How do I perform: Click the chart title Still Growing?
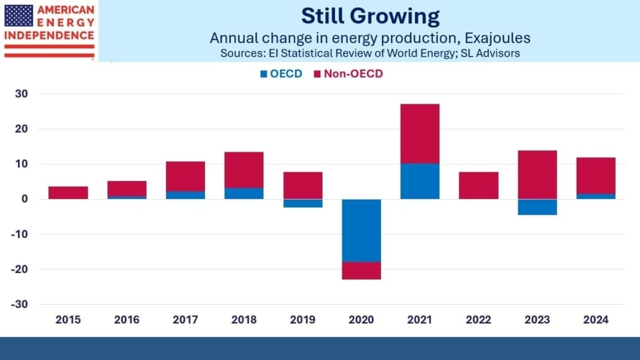[x=370, y=16]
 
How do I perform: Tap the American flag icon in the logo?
[x=19, y=15]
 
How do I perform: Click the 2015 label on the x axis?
[x=68, y=320]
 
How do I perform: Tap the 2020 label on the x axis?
[x=361, y=320]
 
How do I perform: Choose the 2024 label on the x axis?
[x=596, y=320]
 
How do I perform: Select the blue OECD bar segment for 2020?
[x=361, y=230]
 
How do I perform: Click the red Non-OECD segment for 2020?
[x=361, y=270]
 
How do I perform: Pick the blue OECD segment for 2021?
[x=420, y=181]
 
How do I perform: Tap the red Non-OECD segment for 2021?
[x=420, y=134]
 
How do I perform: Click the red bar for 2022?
[x=478, y=185]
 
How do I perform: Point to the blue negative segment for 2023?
[x=537, y=206]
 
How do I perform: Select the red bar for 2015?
[x=68, y=193]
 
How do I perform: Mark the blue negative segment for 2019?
[x=303, y=203]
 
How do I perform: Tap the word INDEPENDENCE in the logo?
[x=49, y=35]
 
